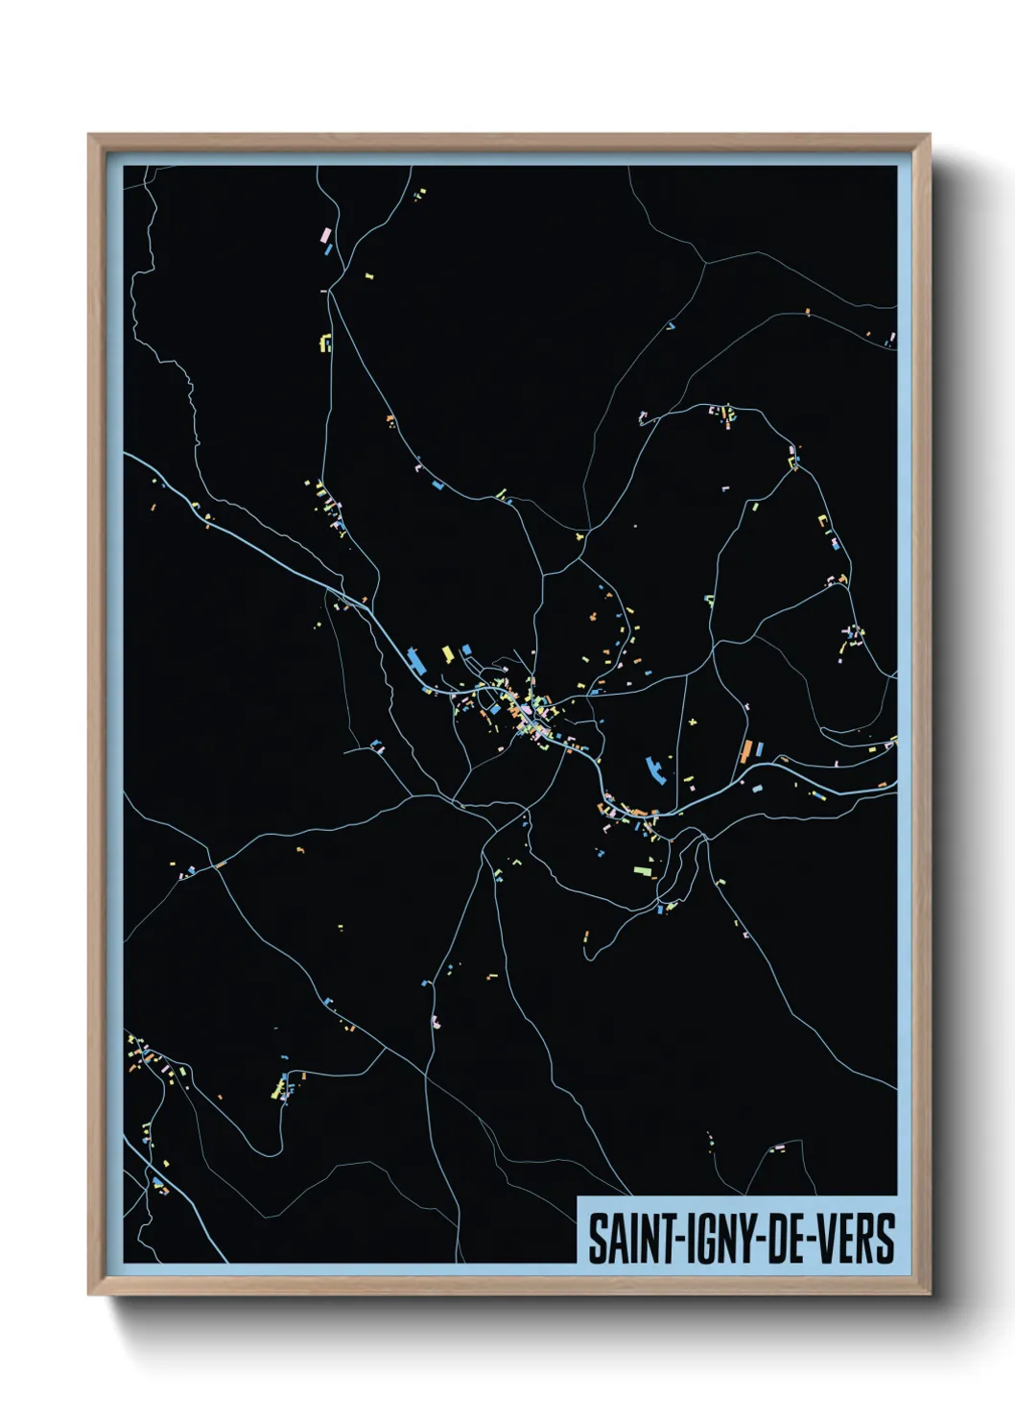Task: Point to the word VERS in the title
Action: [857, 1240]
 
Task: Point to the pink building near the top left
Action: [325, 233]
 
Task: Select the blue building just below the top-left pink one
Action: [328, 249]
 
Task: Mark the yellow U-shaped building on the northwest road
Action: [325, 343]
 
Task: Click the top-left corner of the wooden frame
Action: [89, 135]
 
